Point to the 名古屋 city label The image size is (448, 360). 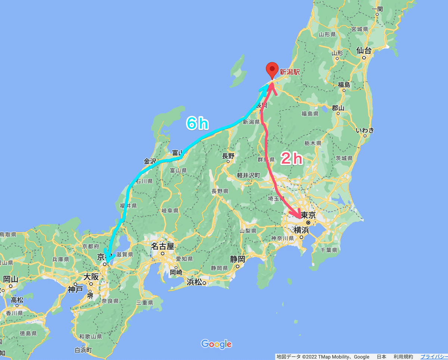(x=162, y=246)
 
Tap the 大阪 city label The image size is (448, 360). (x=91, y=277)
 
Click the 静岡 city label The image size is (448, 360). (x=237, y=259)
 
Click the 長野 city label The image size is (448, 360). (x=228, y=156)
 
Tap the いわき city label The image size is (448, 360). (x=365, y=130)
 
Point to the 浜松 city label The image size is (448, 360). (x=194, y=282)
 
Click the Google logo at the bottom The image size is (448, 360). (x=216, y=344)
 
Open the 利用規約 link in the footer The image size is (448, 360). (x=403, y=357)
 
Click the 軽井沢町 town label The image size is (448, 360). (x=249, y=175)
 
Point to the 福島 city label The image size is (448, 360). (x=344, y=85)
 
